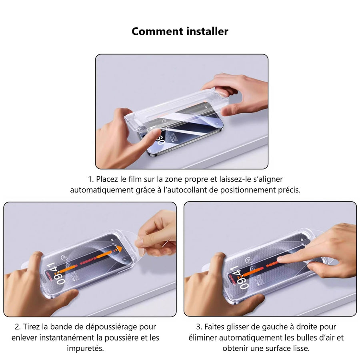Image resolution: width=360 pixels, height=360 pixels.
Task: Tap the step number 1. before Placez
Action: pos(91,179)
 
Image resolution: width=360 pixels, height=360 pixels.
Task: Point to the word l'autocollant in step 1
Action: pos(185,190)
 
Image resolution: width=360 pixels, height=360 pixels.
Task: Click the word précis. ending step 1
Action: pos(289,190)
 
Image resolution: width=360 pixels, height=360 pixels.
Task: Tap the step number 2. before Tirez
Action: pos(18,327)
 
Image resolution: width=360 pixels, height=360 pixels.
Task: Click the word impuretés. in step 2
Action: pos(86,348)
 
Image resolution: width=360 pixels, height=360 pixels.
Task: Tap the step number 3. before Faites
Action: pos(199,327)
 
